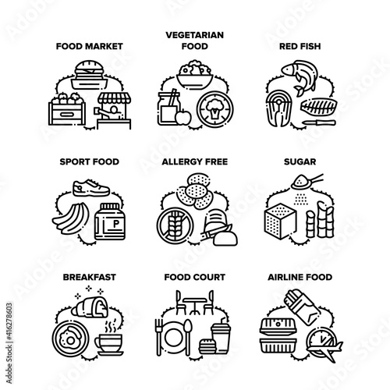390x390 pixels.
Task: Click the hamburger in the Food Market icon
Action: pos(89,69)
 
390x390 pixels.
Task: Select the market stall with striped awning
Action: pos(114,111)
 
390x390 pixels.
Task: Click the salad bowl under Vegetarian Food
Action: pos(195,74)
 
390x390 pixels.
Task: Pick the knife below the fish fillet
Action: pos(319,122)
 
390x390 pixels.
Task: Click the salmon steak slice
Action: pos(279,108)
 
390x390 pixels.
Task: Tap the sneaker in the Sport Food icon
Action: pos(91,187)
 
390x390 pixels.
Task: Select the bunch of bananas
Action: pos(71,218)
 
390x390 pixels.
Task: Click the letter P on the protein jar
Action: pos(116,224)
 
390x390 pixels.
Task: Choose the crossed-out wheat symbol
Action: pos(175,225)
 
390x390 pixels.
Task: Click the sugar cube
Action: pos(280,221)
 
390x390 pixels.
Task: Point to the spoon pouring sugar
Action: pos(307,182)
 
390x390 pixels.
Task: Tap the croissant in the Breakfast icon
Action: pos(90,307)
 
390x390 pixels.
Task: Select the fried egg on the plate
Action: pos(69,338)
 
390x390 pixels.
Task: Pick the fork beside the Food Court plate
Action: pos(159,337)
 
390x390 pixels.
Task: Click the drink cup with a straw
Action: pos(221,335)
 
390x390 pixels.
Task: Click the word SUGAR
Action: pos(300,161)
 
